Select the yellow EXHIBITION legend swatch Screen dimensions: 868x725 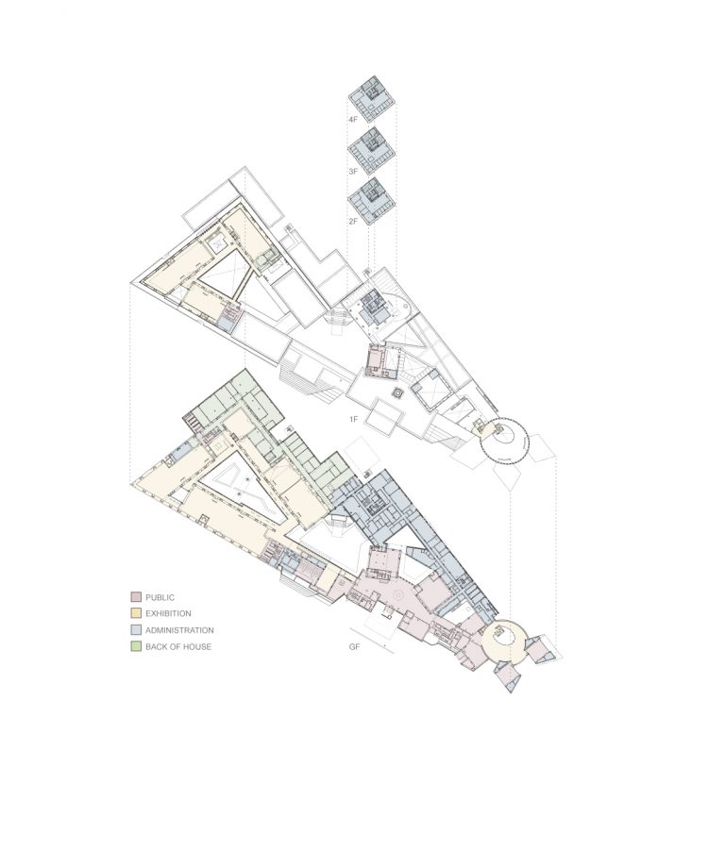pyautogui.click(x=135, y=613)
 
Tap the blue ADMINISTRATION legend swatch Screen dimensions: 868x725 pyautogui.click(x=135, y=629)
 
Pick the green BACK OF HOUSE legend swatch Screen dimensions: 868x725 pyautogui.click(x=135, y=646)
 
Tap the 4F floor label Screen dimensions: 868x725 pyautogui.click(x=352, y=121)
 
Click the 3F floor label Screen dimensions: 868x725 pyautogui.click(x=352, y=172)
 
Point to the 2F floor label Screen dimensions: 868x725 pyautogui.click(x=352, y=221)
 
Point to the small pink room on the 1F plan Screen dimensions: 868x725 pyautogui.click(x=377, y=359)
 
